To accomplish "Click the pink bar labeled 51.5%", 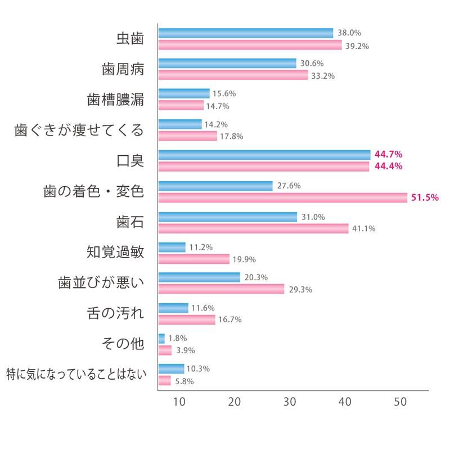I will tap(282, 197).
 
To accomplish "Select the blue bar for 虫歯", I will tap(246, 33).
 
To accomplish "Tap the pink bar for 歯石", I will tap(253, 228).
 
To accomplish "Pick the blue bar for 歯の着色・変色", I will tap(215, 186).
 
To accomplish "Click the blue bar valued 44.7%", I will tap(264, 155).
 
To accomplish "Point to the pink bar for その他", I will tap(165, 350).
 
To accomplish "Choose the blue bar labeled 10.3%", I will tap(171, 369).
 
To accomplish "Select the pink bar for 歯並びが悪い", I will tap(221, 289).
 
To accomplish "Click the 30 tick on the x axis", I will tap(290, 402).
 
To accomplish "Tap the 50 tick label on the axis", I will tap(400, 402).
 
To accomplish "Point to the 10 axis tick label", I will tap(179, 402).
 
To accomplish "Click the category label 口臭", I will tap(130, 161).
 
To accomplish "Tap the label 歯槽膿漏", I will tap(116, 100).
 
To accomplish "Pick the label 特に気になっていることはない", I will tap(75, 374).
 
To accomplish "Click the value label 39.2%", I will tap(357, 46).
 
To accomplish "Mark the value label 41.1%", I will tap(363, 228).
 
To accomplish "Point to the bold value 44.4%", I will tap(384, 166).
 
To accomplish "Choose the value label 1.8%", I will tap(178, 339).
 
